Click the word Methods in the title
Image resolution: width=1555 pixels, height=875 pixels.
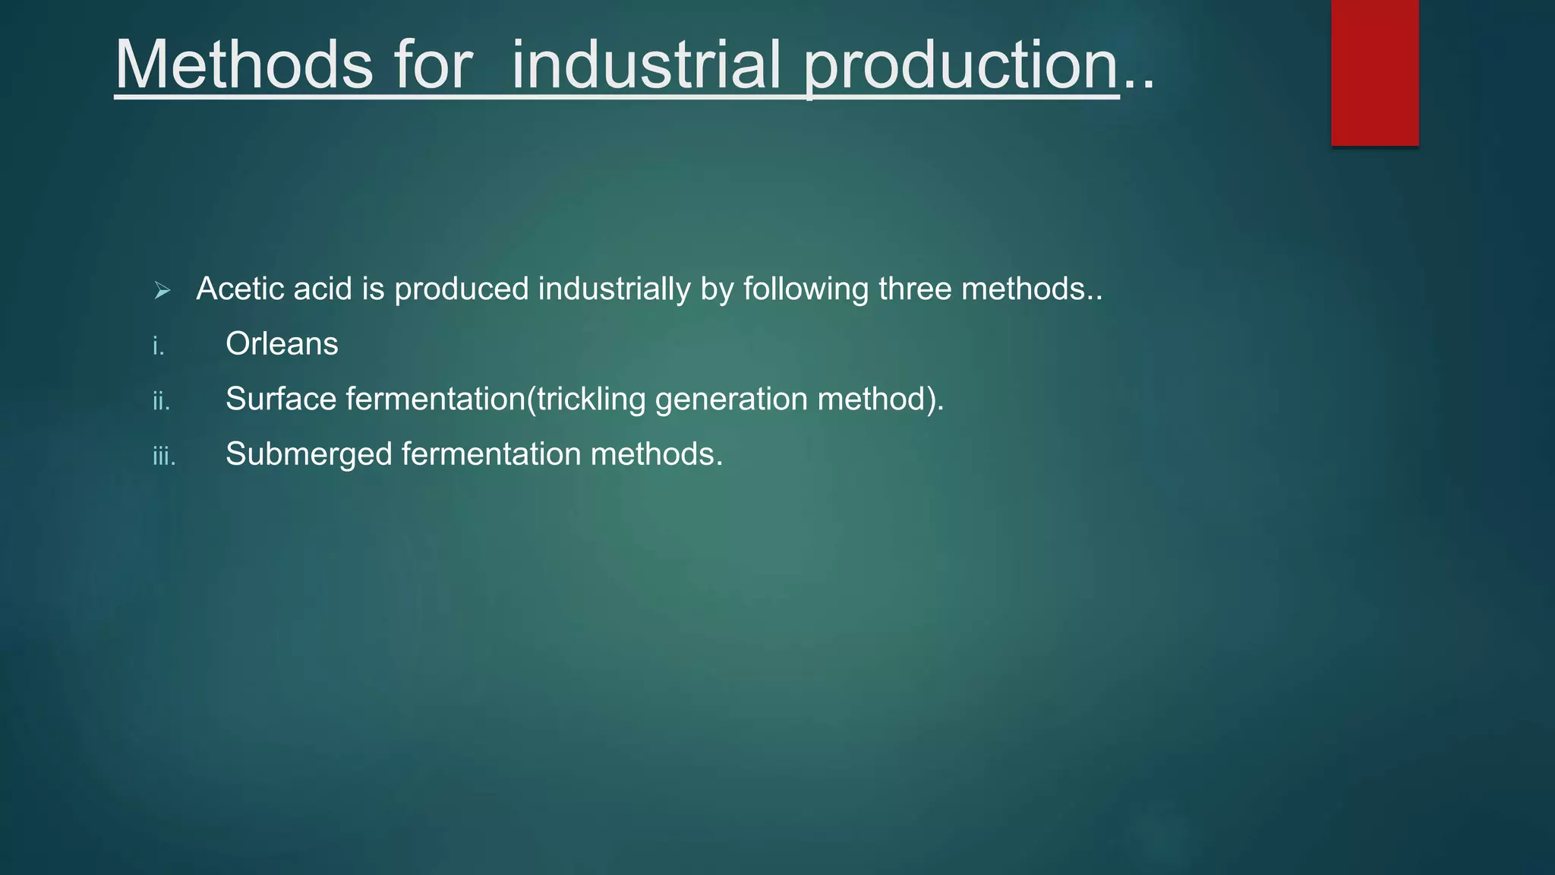[243, 65]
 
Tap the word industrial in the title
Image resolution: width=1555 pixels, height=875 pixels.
[646, 65]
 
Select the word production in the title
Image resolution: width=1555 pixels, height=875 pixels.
[961, 65]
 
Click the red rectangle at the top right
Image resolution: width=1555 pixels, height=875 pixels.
[1374, 72]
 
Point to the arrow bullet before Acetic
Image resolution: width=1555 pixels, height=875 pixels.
[162, 290]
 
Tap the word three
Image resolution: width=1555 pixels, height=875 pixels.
[915, 289]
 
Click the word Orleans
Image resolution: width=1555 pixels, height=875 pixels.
[282, 344]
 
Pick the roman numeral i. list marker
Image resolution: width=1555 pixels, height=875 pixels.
[158, 346]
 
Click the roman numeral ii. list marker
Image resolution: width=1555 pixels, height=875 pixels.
[161, 401]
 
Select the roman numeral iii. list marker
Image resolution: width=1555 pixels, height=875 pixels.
[164, 456]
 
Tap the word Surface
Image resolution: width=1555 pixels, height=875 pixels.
[280, 399]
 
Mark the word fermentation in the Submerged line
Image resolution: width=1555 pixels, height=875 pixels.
[490, 454]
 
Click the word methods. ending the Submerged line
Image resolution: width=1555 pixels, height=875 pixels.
[657, 454]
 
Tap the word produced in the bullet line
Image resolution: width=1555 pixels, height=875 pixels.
[461, 289]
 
